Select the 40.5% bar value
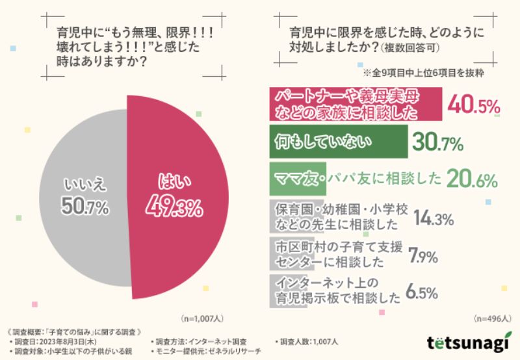[471, 105]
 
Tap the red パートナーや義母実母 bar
[354, 105]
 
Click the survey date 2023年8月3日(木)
[65, 341]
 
